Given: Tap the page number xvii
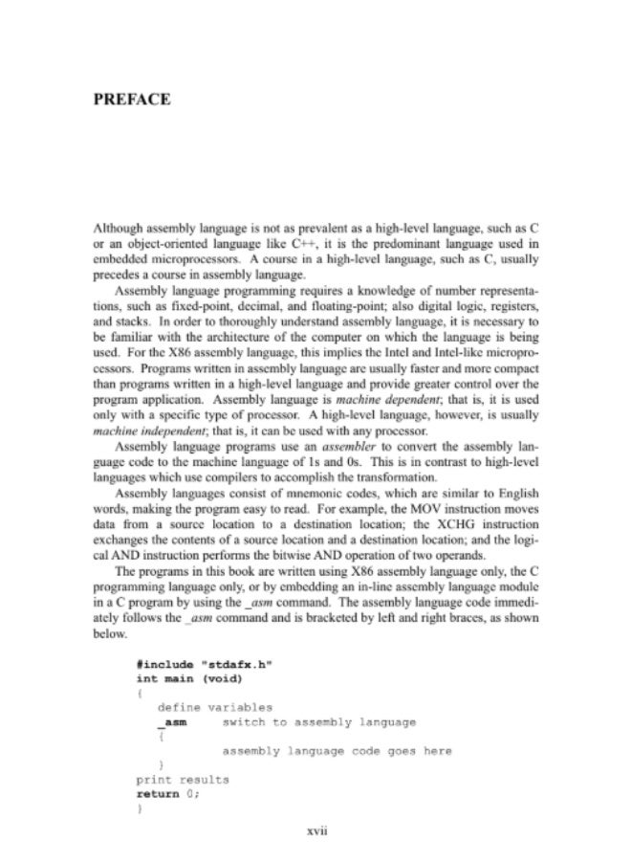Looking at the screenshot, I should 315,830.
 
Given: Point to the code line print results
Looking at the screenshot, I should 183,780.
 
